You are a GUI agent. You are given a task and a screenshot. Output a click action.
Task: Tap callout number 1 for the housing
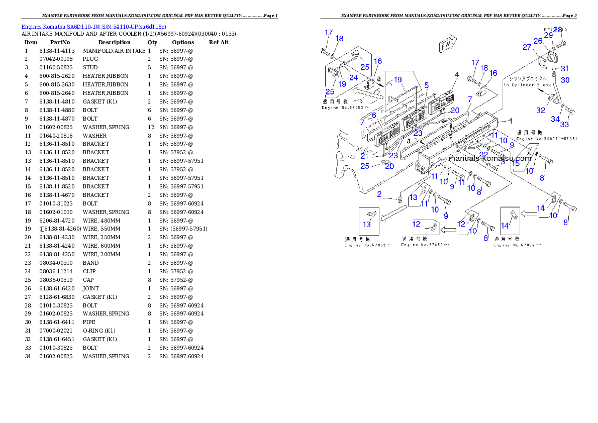pyautogui.click(x=510, y=121)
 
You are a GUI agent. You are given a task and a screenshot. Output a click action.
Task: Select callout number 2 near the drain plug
pyautogui.click(x=380, y=194)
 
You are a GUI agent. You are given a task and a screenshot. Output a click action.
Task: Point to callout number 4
pyautogui.click(x=457, y=75)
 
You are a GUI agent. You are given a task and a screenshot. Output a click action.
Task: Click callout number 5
pyautogui.click(x=426, y=85)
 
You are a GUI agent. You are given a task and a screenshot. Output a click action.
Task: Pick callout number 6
pyautogui.click(x=373, y=115)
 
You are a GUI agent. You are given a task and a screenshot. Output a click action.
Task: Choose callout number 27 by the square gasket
pyautogui.click(x=527, y=47)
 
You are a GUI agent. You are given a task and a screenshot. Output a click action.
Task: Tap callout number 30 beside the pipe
pyautogui.click(x=565, y=80)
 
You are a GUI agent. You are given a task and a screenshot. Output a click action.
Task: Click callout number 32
pyautogui.click(x=540, y=111)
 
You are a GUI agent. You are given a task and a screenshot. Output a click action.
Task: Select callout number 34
pyautogui.click(x=555, y=119)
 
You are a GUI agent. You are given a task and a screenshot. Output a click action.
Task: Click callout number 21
pyautogui.click(x=364, y=156)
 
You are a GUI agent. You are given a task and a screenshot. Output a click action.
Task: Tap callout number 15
pyautogui.click(x=516, y=163)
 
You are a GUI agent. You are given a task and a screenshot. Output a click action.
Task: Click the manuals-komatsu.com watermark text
pyautogui.click(x=490, y=158)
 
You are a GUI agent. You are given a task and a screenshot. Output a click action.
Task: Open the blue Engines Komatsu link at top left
pyautogui.click(x=93, y=26)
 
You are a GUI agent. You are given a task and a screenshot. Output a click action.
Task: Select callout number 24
pyautogui.click(x=354, y=77)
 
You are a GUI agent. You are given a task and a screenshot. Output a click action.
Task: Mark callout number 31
pyautogui.click(x=565, y=69)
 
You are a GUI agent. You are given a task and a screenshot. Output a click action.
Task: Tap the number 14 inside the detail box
pyautogui.click(x=505, y=226)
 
